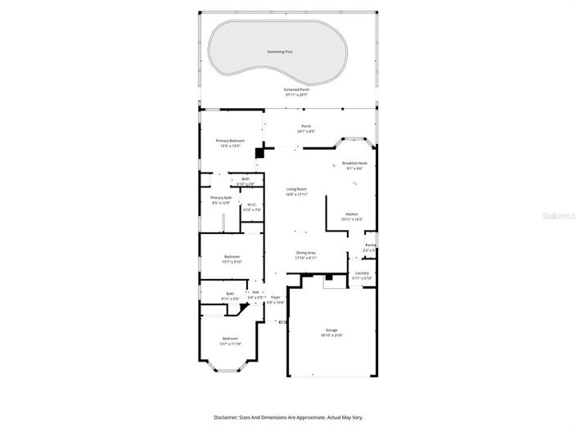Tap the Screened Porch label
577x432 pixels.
click(296, 89)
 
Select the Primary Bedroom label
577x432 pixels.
click(230, 141)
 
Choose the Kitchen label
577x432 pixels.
click(351, 214)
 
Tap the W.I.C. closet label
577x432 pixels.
click(252, 205)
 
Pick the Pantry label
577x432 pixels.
click(370, 245)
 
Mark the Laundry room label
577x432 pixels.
click(362, 273)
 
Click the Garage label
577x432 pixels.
click(331, 330)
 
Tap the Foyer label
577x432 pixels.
click(275, 297)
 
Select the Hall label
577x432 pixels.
click(255, 292)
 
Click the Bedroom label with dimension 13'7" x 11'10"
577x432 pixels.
click(230, 338)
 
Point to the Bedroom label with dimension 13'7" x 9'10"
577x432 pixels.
click(232, 256)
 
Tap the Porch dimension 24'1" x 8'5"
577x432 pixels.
click(305, 131)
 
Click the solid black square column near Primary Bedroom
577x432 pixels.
click(259, 152)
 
